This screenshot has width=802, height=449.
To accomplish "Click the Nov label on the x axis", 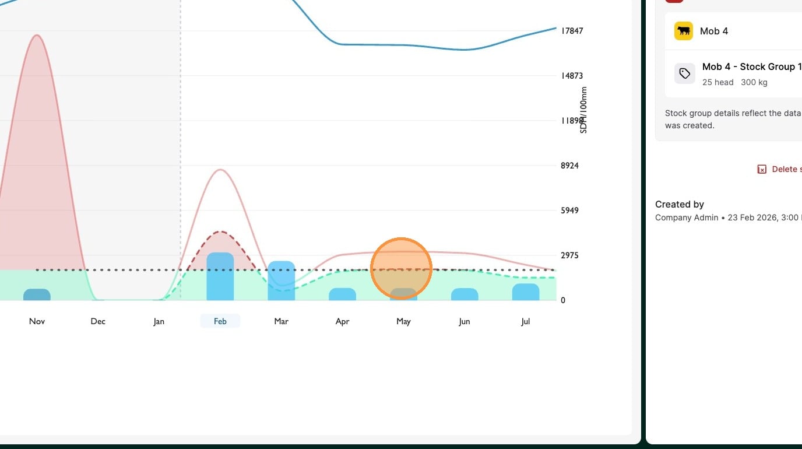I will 37,321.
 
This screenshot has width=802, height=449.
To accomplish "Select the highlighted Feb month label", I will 220,321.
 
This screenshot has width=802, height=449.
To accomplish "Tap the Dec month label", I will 98,321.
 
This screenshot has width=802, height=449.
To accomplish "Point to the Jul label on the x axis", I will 525,321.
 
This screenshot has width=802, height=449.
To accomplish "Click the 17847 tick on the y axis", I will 572,31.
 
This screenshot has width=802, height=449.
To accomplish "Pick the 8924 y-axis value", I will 569,166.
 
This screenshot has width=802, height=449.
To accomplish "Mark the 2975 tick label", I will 569,255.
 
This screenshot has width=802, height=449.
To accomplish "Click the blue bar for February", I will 220,276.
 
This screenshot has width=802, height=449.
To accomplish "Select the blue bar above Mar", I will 282,280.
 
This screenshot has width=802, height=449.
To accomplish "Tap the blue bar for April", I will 343,294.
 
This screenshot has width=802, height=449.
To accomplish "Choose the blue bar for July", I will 526,292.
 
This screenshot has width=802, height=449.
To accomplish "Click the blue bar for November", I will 37,294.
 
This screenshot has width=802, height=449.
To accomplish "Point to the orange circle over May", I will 401,268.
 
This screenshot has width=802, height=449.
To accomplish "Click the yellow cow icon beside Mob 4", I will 684,31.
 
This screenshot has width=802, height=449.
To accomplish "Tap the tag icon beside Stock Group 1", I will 685,73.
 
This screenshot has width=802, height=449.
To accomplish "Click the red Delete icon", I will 762,169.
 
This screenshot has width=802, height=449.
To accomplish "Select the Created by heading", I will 680,204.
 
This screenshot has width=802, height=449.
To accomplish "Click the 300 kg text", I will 754,82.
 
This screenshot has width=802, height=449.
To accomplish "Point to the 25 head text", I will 717,82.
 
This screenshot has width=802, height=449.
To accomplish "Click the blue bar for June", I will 465,294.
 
